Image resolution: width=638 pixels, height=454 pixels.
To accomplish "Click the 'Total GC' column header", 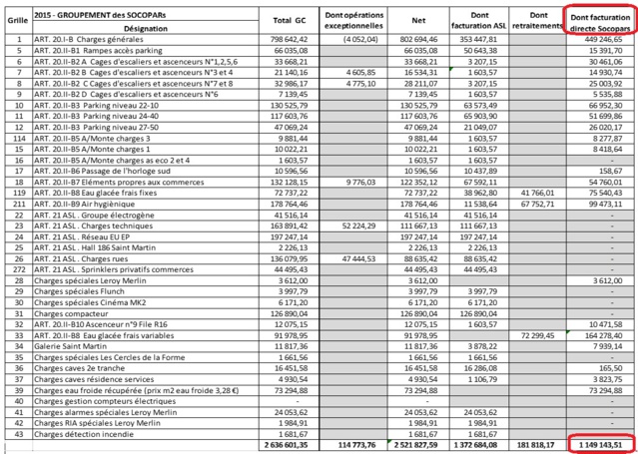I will pyautogui.click(x=290, y=21).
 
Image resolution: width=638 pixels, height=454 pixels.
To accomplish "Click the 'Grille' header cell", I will pyautogui.click(x=18, y=21).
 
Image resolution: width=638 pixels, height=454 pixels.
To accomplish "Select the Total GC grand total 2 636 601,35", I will pyautogui.click(x=290, y=443).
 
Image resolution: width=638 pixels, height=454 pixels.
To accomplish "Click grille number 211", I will pyautogui.click(x=18, y=203).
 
